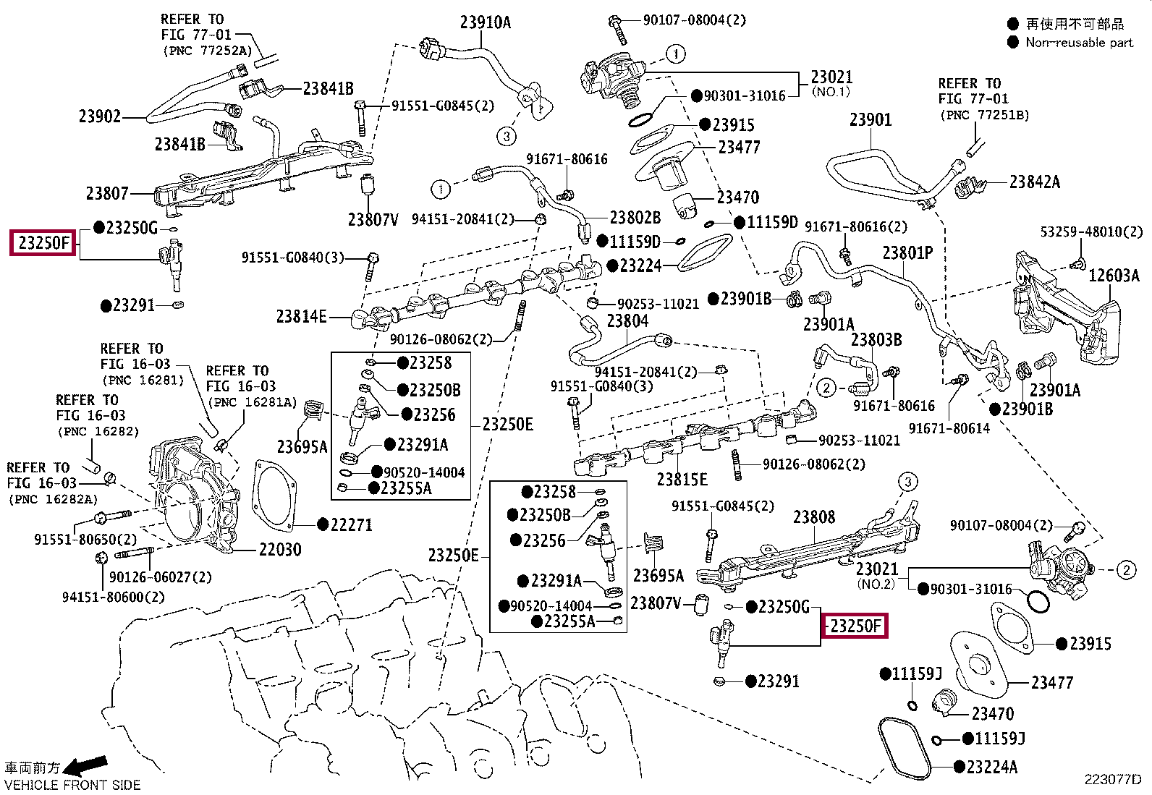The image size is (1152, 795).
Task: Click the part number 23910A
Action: [485, 22]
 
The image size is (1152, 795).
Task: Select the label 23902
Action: [99, 116]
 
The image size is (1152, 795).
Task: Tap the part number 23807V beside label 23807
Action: [373, 220]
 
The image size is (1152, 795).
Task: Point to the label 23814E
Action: [301, 316]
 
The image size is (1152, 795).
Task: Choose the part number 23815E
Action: [682, 480]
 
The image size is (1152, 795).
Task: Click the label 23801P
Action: [907, 253]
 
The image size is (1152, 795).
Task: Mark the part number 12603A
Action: [1114, 276]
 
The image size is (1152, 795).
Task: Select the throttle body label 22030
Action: [280, 550]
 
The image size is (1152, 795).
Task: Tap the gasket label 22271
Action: [351, 525]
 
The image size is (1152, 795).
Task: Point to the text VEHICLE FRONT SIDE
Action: [72, 785]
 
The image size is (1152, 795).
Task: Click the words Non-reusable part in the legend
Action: [1079, 43]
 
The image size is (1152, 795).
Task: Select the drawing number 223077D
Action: [1112, 780]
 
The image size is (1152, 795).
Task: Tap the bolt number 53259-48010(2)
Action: [1091, 232]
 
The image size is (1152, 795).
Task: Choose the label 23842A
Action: [1034, 182]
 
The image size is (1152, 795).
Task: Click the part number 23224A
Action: [991, 768]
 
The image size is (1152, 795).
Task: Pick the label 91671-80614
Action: [949, 428]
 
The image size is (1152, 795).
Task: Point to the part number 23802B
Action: [635, 218]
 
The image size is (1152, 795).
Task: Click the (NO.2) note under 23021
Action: [876, 584]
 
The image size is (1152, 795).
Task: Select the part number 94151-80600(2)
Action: [114, 597]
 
